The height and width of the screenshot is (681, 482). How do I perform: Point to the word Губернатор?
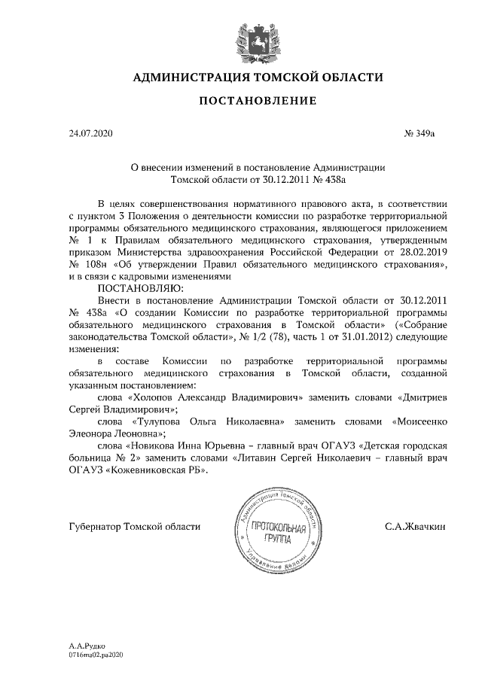click(94, 526)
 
